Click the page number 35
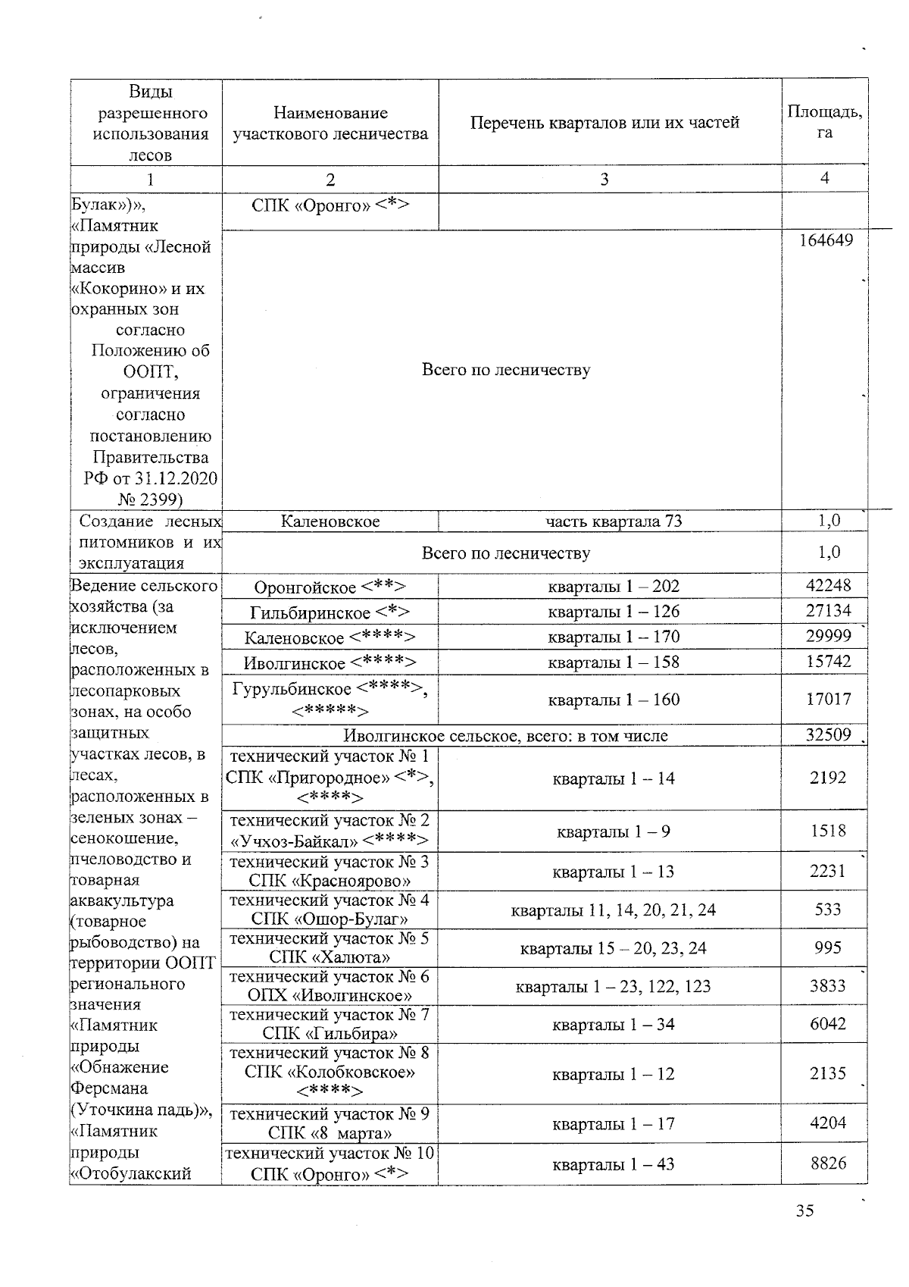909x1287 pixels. pyautogui.click(x=804, y=1211)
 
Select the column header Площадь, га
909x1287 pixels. pyautogui.click(x=824, y=121)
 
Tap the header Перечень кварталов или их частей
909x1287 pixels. pyautogui.click(x=604, y=123)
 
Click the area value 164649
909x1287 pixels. pyautogui.click(x=826, y=241)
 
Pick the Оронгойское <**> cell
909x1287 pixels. pyautogui.click(x=330, y=587)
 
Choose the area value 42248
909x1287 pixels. pyautogui.click(x=828, y=585)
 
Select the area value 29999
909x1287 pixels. pyautogui.click(x=828, y=636)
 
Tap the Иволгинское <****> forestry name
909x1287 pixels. pyautogui.click(x=330, y=663)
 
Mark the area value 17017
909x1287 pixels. pyautogui.click(x=828, y=699)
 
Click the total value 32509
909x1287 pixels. pyautogui.click(x=828, y=735)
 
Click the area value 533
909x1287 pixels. pyautogui.click(x=828, y=909)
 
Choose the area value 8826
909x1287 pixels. pyautogui.click(x=828, y=1163)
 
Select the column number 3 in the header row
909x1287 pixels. pyautogui.click(x=604, y=180)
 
